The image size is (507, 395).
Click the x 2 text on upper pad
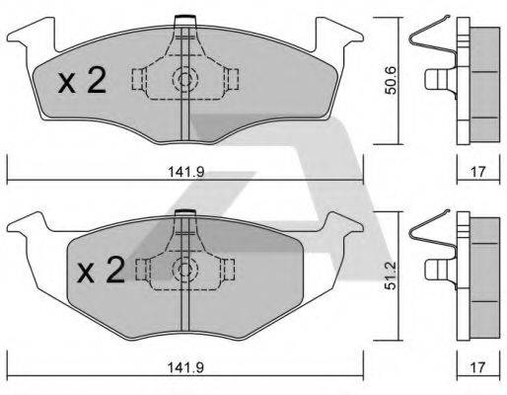82,81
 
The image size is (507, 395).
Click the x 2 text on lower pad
99,270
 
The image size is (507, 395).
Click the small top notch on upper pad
182,20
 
